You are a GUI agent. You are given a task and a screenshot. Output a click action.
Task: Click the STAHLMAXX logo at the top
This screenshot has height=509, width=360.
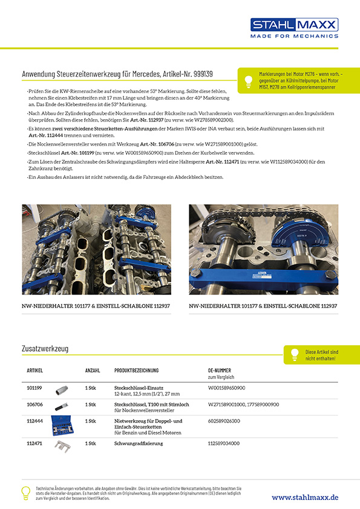pos(295,25)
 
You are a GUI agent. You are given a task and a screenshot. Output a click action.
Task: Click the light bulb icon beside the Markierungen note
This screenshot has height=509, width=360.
pos(247,80)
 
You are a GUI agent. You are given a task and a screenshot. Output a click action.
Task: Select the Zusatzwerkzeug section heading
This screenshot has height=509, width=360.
pos(45,349)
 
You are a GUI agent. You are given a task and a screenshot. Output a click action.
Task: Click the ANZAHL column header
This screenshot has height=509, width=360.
pos(93,370)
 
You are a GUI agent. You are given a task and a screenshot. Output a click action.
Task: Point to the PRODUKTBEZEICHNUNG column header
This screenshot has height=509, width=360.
pos(136,370)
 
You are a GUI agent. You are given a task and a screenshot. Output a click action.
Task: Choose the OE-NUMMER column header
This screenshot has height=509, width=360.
pos(220,370)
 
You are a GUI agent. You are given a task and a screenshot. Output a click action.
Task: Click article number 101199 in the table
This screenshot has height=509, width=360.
pos(34,386)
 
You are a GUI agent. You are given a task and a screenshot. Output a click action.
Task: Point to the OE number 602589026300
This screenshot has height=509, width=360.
pos(224,421)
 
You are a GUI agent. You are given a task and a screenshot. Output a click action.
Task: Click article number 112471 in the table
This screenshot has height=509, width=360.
pos(34,443)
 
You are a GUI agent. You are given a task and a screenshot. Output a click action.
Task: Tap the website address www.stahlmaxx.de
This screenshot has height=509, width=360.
pos(305,497)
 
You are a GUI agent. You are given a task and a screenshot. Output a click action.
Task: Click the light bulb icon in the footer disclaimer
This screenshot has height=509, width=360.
pos(25,493)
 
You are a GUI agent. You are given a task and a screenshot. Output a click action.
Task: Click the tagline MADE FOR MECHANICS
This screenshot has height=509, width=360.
pos(295,36)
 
